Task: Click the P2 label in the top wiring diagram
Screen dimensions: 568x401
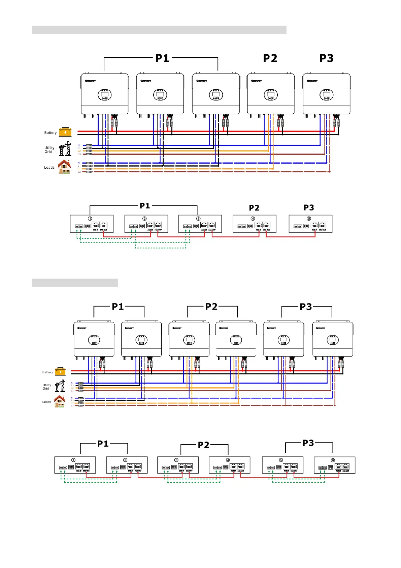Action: coord(270,58)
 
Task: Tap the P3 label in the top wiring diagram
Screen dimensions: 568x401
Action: coord(326,58)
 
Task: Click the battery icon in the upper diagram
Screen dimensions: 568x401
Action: coord(65,132)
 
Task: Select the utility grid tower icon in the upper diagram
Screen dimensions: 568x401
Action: coord(65,148)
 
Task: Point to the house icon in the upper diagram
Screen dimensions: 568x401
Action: coord(64,167)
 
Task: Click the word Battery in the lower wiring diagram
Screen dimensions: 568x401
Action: coord(47,372)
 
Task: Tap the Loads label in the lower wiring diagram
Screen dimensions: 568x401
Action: coord(47,402)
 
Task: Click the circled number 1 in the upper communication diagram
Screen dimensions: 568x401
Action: coord(90,219)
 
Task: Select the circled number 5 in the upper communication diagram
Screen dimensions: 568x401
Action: coord(309,219)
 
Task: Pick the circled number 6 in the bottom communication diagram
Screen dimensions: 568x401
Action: coord(333,460)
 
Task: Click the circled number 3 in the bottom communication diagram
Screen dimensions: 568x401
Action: coord(176,460)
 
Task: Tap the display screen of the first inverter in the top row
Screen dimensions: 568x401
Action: coord(104,95)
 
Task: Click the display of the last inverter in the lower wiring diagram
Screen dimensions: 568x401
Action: coord(333,340)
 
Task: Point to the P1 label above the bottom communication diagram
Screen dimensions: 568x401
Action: coord(103,444)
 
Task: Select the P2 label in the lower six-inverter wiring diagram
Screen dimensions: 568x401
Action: coord(211,307)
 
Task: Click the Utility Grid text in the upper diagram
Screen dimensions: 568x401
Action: coord(49,150)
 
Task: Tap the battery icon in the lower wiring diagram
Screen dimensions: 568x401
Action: coord(60,371)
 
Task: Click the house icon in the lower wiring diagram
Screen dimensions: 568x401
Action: coord(60,401)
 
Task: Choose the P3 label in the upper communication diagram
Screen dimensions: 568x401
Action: coord(309,207)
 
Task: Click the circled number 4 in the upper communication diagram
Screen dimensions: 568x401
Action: coord(253,219)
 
